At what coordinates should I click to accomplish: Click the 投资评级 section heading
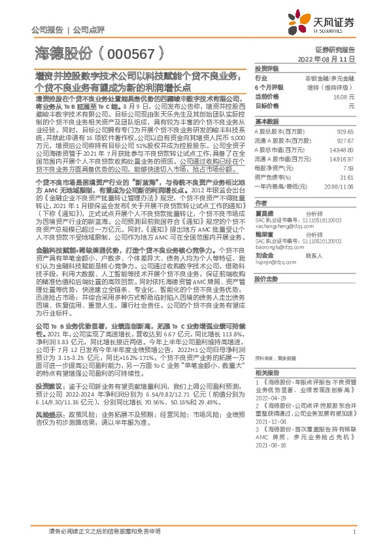click(x=267, y=68)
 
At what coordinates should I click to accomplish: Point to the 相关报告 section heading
click(x=265, y=389)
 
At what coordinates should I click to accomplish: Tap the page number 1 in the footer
click(x=354, y=532)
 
